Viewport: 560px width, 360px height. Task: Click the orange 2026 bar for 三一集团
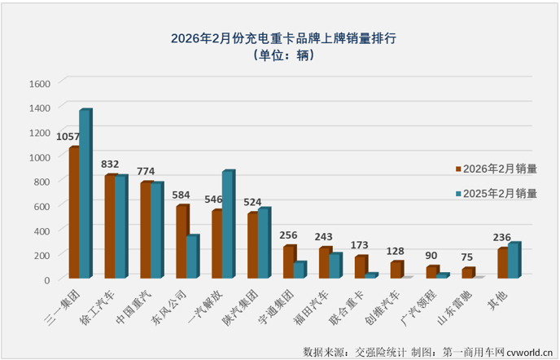74,213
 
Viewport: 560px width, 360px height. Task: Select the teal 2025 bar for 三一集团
85,195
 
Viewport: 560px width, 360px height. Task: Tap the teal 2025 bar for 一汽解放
228,225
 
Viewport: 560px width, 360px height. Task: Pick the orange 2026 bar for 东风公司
182,242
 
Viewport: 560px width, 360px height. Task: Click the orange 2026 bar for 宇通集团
288,262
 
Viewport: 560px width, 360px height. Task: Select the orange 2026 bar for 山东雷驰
467,273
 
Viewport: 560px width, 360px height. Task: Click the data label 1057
68,136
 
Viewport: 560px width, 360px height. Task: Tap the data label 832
110,164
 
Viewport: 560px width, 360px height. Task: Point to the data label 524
252,201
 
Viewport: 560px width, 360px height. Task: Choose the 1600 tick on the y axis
41,83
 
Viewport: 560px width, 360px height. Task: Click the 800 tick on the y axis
43,181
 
